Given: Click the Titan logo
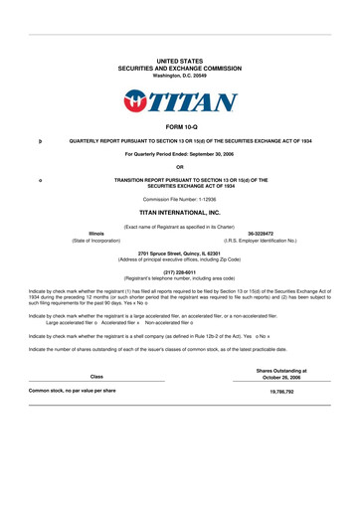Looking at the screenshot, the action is [x=180, y=100].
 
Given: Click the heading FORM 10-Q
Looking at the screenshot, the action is [x=180, y=128].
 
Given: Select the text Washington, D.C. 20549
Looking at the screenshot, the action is [x=180, y=76].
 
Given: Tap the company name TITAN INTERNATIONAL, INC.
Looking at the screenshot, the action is [x=180, y=213].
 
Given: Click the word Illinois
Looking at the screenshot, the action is [x=96, y=234].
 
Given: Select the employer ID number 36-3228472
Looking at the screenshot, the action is [x=264, y=234].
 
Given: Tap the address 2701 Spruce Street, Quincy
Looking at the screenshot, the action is [x=180, y=253].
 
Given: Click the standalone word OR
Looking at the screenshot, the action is [x=180, y=165].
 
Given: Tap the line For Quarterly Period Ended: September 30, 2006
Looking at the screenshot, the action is [x=180, y=154].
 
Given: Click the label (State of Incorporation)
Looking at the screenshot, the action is [x=96, y=241].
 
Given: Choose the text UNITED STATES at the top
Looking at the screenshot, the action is [x=180, y=61].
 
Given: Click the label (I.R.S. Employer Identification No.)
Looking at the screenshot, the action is [x=264, y=241].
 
